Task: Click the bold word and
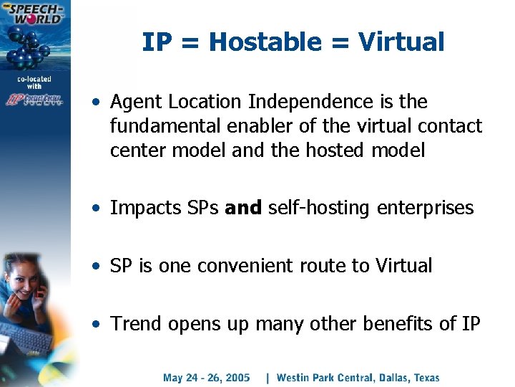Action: point(244,209)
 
